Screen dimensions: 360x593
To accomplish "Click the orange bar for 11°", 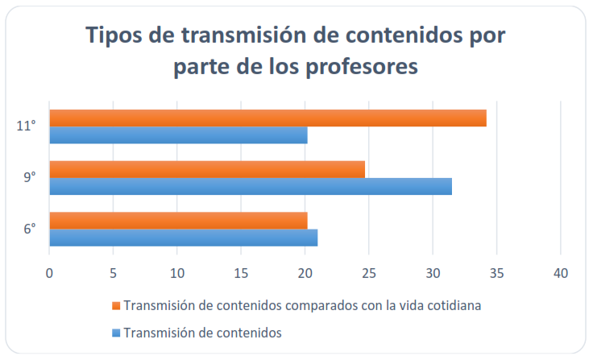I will point(267,118).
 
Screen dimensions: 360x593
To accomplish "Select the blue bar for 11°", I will point(178,135).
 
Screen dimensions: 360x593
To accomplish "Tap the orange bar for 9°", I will point(207,169).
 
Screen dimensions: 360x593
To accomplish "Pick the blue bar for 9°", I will point(251,186).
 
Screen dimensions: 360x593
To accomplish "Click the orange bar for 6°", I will point(178,220).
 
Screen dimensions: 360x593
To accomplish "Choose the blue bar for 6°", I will point(184,238).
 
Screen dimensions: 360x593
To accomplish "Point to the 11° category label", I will point(27,126).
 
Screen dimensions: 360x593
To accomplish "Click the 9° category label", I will point(29,177).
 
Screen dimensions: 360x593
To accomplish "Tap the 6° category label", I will point(29,229).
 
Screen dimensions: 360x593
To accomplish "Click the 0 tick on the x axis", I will point(50,273).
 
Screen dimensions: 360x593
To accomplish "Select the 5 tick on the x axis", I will point(114,273).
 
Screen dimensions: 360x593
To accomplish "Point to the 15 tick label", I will point(241,273).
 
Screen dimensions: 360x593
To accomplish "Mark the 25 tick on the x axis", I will point(369,273).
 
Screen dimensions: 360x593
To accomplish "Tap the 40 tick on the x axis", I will point(561,273).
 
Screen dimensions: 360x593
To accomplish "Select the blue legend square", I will point(116,332).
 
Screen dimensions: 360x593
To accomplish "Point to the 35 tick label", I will point(496,273).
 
